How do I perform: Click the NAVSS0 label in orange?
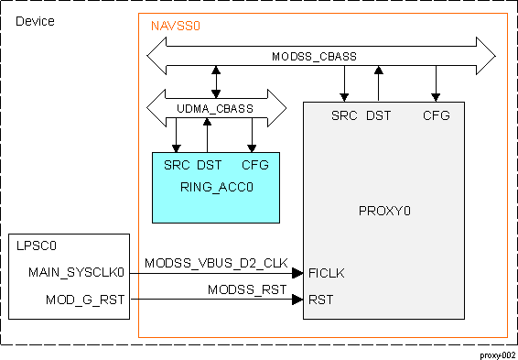click(175, 27)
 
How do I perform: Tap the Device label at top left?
click(36, 20)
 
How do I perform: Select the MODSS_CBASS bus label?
click(314, 57)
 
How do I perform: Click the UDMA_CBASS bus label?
click(216, 109)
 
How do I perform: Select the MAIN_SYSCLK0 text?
click(76, 272)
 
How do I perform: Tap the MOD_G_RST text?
click(85, 300)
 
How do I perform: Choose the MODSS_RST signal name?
click(247, 290)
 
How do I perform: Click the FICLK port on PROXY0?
click(327, 273)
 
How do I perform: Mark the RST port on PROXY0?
click(321, 300)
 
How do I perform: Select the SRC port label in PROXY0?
click(345, 115)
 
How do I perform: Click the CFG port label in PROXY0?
click(436, 115)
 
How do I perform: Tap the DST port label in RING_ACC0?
click(209, 166)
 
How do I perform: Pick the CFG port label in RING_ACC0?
click(254, 166)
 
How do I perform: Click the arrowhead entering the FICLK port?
click(297, 273)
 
